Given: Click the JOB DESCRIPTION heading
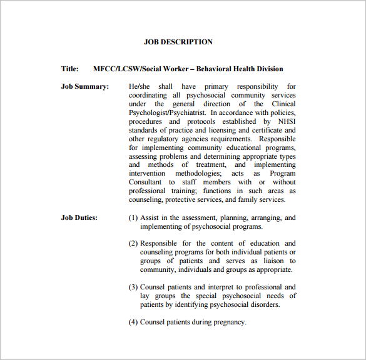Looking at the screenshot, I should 178,42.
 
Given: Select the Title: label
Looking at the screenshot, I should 69,69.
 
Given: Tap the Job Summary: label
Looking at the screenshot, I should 84,86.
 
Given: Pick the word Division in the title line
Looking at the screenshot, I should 268,69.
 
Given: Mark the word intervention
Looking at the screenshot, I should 147,173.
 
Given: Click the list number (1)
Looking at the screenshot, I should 133,217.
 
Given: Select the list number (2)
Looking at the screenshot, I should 133,243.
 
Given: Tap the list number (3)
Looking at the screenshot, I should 133,287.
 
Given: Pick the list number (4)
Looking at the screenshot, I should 133,322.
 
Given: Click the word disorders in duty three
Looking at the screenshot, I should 264,304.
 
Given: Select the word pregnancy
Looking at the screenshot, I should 228,322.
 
